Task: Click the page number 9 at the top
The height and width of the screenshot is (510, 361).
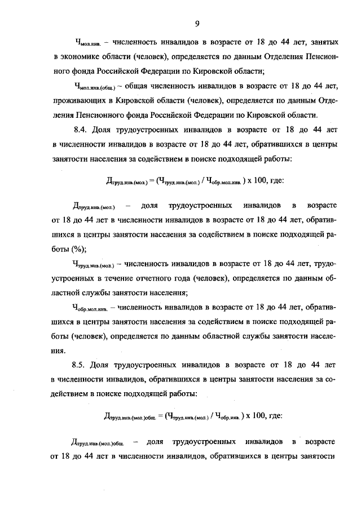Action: (x=197, y=23)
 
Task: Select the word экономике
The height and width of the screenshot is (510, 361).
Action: (x=81, y=57)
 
